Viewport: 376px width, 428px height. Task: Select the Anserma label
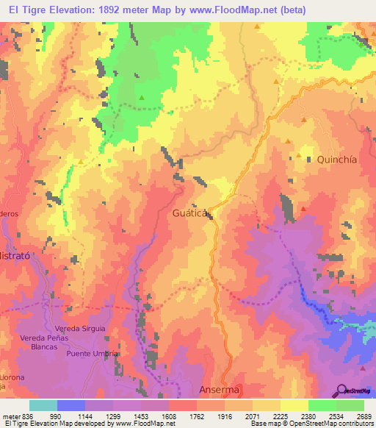click(220, 389)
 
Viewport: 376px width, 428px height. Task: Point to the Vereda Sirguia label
click(80, 328)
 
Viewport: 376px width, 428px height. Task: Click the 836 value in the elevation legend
click(29, 416)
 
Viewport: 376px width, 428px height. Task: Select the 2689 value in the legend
click(364, 416)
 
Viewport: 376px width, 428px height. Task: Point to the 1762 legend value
click(196, 416)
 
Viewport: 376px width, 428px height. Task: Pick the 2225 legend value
click(280, 416)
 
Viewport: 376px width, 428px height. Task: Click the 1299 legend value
click(112, 416)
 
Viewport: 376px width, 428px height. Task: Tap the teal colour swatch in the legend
click(43, 405)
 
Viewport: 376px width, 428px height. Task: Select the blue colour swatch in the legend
click(70, 405)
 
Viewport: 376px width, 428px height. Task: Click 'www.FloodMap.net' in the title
click(236, 10)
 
